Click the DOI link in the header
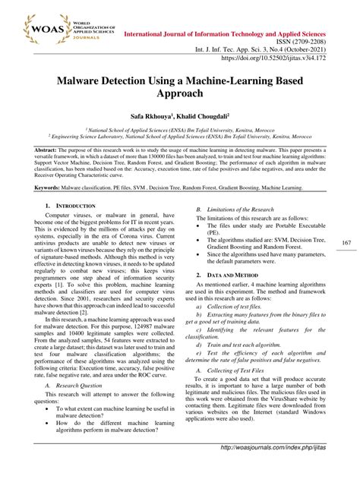pyautogui.click(x=289, y=56)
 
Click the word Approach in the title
pyautogui.click(x=179, y=94)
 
